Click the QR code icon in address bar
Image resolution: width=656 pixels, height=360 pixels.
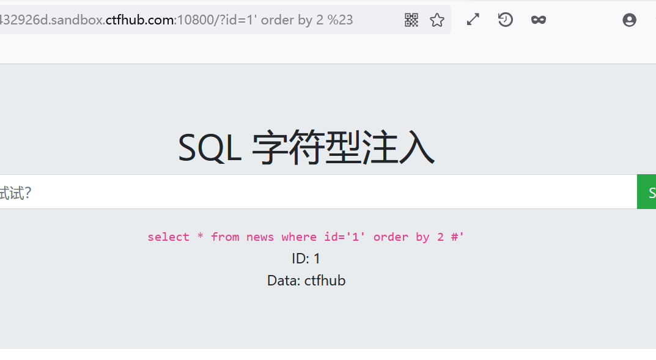click(411, 20)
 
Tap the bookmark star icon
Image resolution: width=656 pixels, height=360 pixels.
click(437, 20)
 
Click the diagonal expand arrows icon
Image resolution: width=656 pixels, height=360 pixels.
click(473, 20)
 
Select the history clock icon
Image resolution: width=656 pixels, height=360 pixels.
click(505, 20)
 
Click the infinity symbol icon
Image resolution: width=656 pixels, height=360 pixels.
click(538, 20)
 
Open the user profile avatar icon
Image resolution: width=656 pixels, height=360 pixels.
click(629, 20)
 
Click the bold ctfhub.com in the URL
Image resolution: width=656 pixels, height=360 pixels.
click(140, 20)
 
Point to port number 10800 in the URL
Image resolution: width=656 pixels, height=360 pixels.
click(194, 20)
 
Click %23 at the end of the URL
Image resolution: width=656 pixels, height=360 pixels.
click(340, 20)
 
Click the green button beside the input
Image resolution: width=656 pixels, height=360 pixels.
click(647, 192)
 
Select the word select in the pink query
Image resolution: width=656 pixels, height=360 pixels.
click(168, 237)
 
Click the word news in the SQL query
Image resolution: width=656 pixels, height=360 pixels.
click(260, 237)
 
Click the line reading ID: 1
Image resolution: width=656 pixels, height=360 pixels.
click(306, 259)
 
